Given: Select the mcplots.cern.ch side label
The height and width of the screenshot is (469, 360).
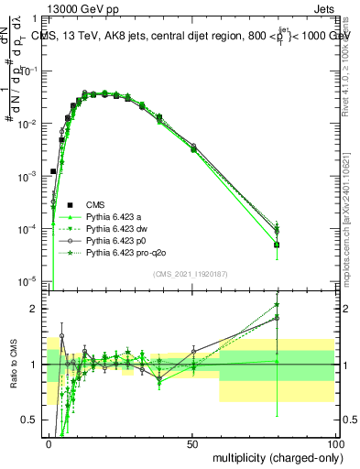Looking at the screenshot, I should point(353,238).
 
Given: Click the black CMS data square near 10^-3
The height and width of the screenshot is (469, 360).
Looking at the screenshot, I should point(53,171).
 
